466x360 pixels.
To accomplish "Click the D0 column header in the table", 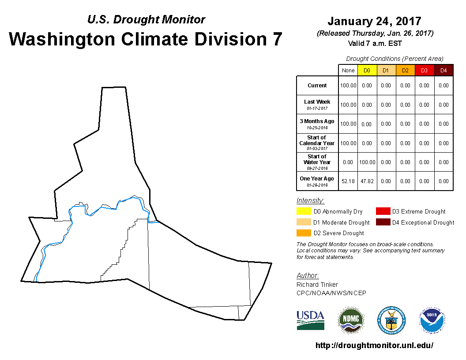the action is [367, 71].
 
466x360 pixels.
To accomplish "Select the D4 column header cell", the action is [443, 71].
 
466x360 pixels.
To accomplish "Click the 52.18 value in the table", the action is [348, 181].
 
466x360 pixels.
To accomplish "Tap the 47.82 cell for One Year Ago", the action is [367, 181].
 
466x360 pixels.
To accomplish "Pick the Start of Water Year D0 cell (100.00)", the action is [367, 162].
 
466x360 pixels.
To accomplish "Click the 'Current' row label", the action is [317, 86].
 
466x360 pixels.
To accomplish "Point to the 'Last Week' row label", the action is [317, 102].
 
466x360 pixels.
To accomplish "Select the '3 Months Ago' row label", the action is [317, 121].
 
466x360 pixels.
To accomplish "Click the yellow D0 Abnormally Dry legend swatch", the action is [304, 211].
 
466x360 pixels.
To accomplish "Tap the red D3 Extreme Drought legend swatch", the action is [383, 211].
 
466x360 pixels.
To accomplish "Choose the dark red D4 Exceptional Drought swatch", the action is [383, 222].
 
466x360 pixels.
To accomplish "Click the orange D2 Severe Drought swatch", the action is [304, 233].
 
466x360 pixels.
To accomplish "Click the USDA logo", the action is [310, 320].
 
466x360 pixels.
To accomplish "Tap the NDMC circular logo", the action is [351, 320].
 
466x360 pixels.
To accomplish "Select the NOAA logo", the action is [432, 320].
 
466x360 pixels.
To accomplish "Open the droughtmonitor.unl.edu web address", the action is [375, 345].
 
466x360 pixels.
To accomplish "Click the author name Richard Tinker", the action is [317, 285].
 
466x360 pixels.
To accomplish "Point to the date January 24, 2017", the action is [375, 21].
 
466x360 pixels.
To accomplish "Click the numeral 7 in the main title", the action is [277, 39].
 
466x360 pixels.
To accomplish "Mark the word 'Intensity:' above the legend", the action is [310, 201].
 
